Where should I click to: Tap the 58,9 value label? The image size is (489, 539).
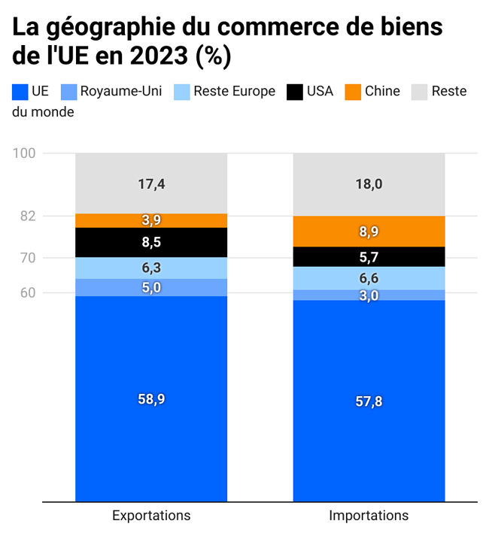tap(151, 399)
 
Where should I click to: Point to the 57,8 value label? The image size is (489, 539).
tap(369, 401)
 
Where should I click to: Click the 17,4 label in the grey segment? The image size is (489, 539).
tap(151, 183)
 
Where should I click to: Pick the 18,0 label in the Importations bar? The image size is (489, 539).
tap(369, 184)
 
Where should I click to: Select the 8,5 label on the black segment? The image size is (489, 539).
tap(151, 242)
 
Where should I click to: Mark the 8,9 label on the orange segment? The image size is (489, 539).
tap(369, 232)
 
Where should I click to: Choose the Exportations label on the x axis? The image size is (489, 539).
tap(151, 516)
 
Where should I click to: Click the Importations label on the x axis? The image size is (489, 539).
tap(369, 516)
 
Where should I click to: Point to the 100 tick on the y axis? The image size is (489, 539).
tap(25, 153)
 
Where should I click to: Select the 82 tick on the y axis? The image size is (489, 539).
tap(28, 217)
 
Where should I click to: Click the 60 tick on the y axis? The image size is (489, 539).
tap(28, 293)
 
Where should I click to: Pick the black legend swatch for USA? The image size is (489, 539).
tap(296, 92)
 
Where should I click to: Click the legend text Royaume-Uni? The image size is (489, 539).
tap(120, 92)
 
